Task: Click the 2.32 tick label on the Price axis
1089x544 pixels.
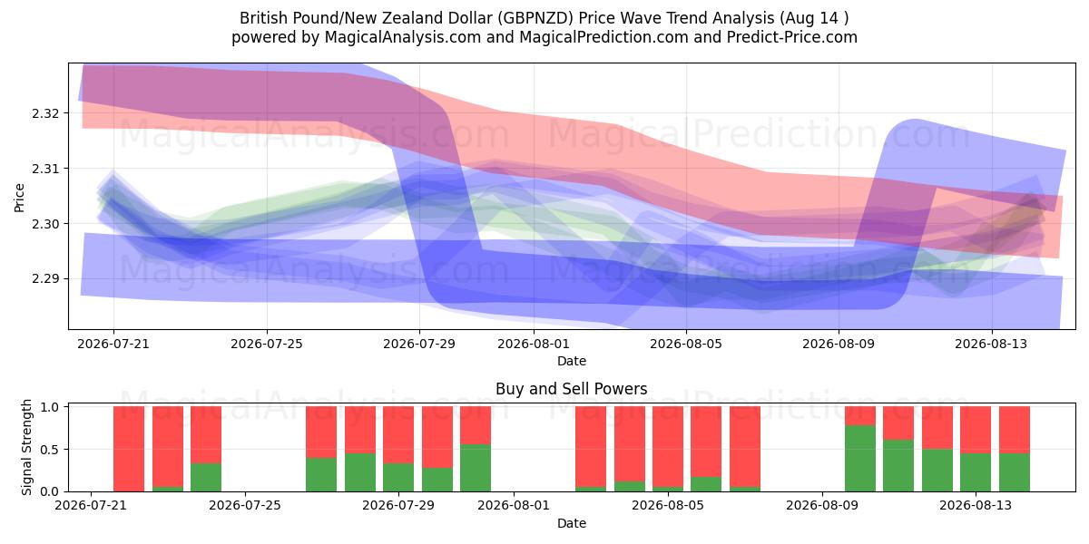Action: click(x=44, y=113)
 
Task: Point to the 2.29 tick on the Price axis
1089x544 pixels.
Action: click(x=44, y=279)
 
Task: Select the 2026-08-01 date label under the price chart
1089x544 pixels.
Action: click(x=534, y=344)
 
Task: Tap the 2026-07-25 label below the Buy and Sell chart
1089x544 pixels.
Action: click(x=244, y=505)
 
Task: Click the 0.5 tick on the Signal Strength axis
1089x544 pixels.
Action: click(x=50, y=450)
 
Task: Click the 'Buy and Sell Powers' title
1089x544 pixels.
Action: click(x=571, y=389)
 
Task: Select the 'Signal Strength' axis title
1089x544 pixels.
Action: click(x=26, y=447)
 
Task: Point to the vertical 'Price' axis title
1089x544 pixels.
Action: click(x=19, y=198)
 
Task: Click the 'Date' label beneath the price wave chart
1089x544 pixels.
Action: click(x=571, y=361)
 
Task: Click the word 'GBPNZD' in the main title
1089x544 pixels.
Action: click(x=536, y=18)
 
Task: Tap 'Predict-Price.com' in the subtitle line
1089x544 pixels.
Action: click(x=792, y=37)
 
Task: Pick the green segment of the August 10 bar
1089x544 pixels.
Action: click(x=860, y=458)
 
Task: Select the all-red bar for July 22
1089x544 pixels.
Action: click(x=129, y=449)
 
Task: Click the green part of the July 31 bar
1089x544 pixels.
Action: click(x=476, y=468)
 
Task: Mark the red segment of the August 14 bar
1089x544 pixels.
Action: click(x=1015, y=430)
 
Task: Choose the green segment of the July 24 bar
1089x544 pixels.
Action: click(x=206, y=477)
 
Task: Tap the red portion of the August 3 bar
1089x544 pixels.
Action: click(x=591, y=446)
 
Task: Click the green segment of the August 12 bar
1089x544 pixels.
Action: click(x=937, y=471)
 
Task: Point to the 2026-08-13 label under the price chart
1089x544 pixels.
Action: click(x=991, y=344)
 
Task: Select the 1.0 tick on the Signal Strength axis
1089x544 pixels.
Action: click(x=50, y=407)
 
